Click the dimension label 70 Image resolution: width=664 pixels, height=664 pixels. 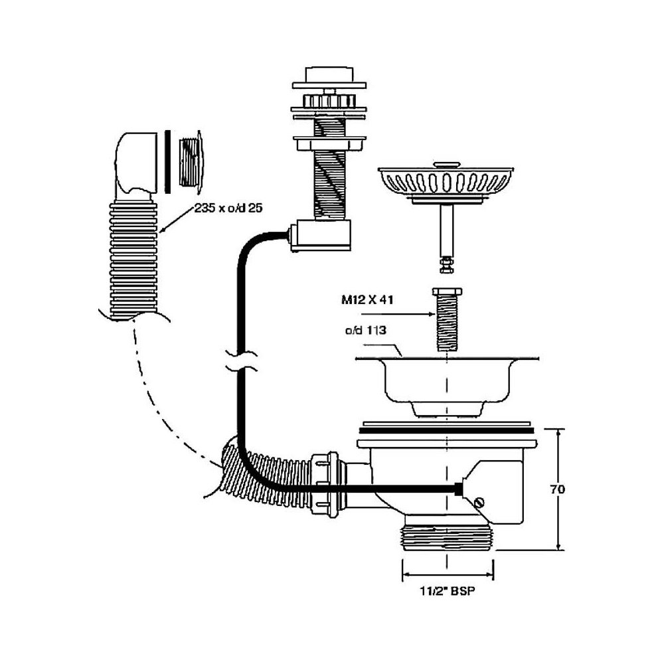[x=558, y=490]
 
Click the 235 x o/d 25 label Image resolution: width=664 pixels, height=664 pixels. [x=229, y=208]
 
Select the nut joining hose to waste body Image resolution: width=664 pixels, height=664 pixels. [x=325, y=483]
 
